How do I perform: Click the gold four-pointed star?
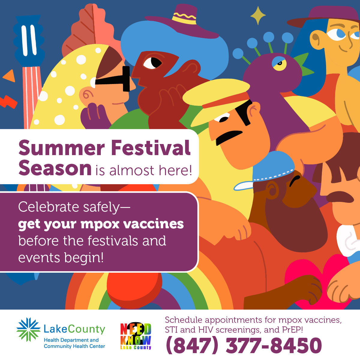tap(258, 16)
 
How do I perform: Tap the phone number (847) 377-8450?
tap(244, 345)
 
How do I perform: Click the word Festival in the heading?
tap(151, 148)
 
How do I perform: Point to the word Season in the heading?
tap(55, 168)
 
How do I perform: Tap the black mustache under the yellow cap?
tap(229, 137)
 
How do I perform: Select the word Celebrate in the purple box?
tap(49, 207)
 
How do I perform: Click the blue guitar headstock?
tap(29, 40)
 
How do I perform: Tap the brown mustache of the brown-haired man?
tap(339, 197)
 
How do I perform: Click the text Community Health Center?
tap(74, 346)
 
